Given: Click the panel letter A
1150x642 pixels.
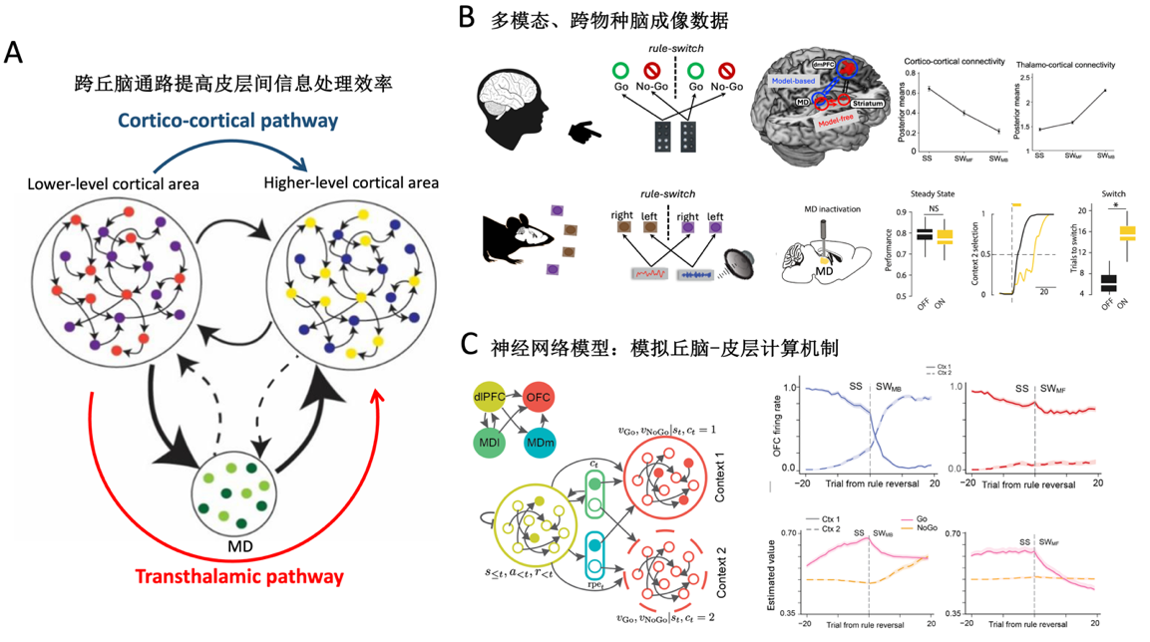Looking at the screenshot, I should pos(14,53).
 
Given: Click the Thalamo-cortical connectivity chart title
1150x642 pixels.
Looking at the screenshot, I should pos(1066,65).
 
